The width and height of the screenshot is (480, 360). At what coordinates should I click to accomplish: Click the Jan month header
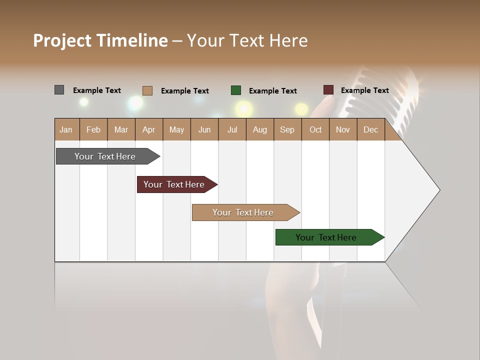[x=66, y=129]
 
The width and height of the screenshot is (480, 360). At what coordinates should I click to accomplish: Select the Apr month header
[x=148, y=129]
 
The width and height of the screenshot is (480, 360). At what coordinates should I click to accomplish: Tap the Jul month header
[x=232, y=129]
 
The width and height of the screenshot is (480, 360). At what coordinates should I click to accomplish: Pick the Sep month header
[x=287, y=129]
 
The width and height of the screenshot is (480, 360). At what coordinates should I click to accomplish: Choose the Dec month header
[x=370, y=129]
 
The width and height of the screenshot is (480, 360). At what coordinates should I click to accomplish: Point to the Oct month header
[x=315, y=129]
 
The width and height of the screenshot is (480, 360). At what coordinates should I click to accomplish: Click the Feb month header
[x=93, y=129]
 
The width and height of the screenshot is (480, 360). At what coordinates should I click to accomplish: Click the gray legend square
[x=59, y=90]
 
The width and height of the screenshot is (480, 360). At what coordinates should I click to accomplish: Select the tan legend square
[x=147, y=90]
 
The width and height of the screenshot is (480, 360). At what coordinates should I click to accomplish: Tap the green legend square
[x=236, y=90]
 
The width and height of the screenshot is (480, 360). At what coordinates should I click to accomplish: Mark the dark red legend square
[x=328, y=90]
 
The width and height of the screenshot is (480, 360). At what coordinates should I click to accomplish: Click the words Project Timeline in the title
[x=100, y=40]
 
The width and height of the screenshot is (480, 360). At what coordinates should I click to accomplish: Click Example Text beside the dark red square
[x=364, y=90]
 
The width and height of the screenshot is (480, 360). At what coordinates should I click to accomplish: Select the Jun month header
[x=204, y=129]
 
